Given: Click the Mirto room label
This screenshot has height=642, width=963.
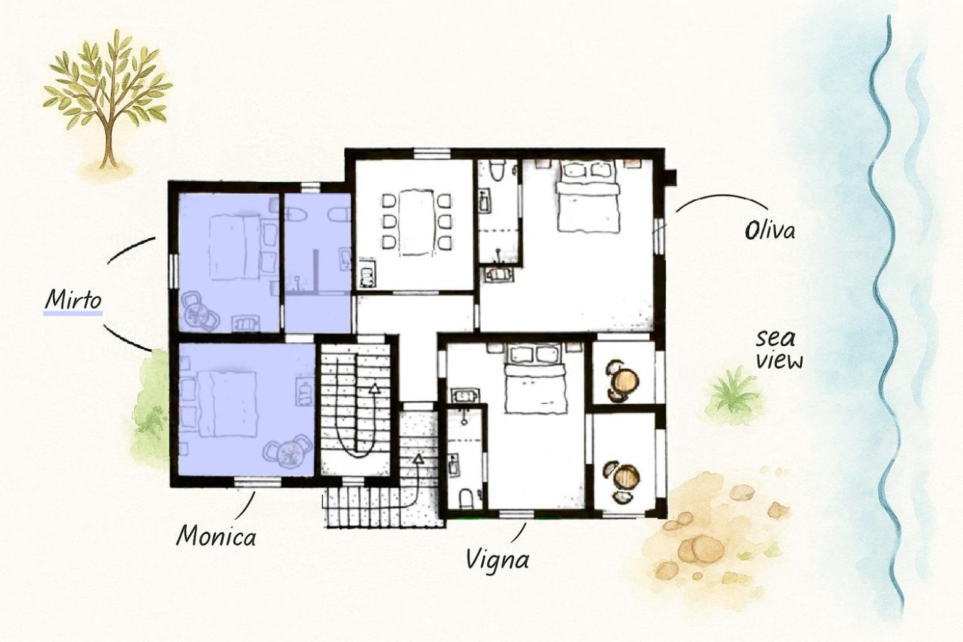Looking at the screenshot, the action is [x=73, y=299].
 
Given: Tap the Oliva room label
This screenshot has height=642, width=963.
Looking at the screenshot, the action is [x=770, y=231].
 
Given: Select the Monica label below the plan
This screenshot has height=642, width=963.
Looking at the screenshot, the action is [x=216, y=536].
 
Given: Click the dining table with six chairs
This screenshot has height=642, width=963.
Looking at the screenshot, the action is [x=416, y=223].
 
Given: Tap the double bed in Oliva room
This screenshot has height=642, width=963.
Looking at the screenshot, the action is [x=587, y=196].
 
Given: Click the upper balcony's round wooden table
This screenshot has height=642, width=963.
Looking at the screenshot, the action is [x=625, y=380].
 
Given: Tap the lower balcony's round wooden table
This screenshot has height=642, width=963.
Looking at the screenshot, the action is [x=626, y=477].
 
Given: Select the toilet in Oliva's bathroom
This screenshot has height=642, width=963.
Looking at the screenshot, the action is [x=497, y=171].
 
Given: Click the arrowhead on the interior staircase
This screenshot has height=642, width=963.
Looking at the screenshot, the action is [x=374, y=389].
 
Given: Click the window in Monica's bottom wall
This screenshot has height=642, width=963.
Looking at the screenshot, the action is [x=257, y=482].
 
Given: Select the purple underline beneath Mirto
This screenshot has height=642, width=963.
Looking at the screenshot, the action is [x=73, y=313].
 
